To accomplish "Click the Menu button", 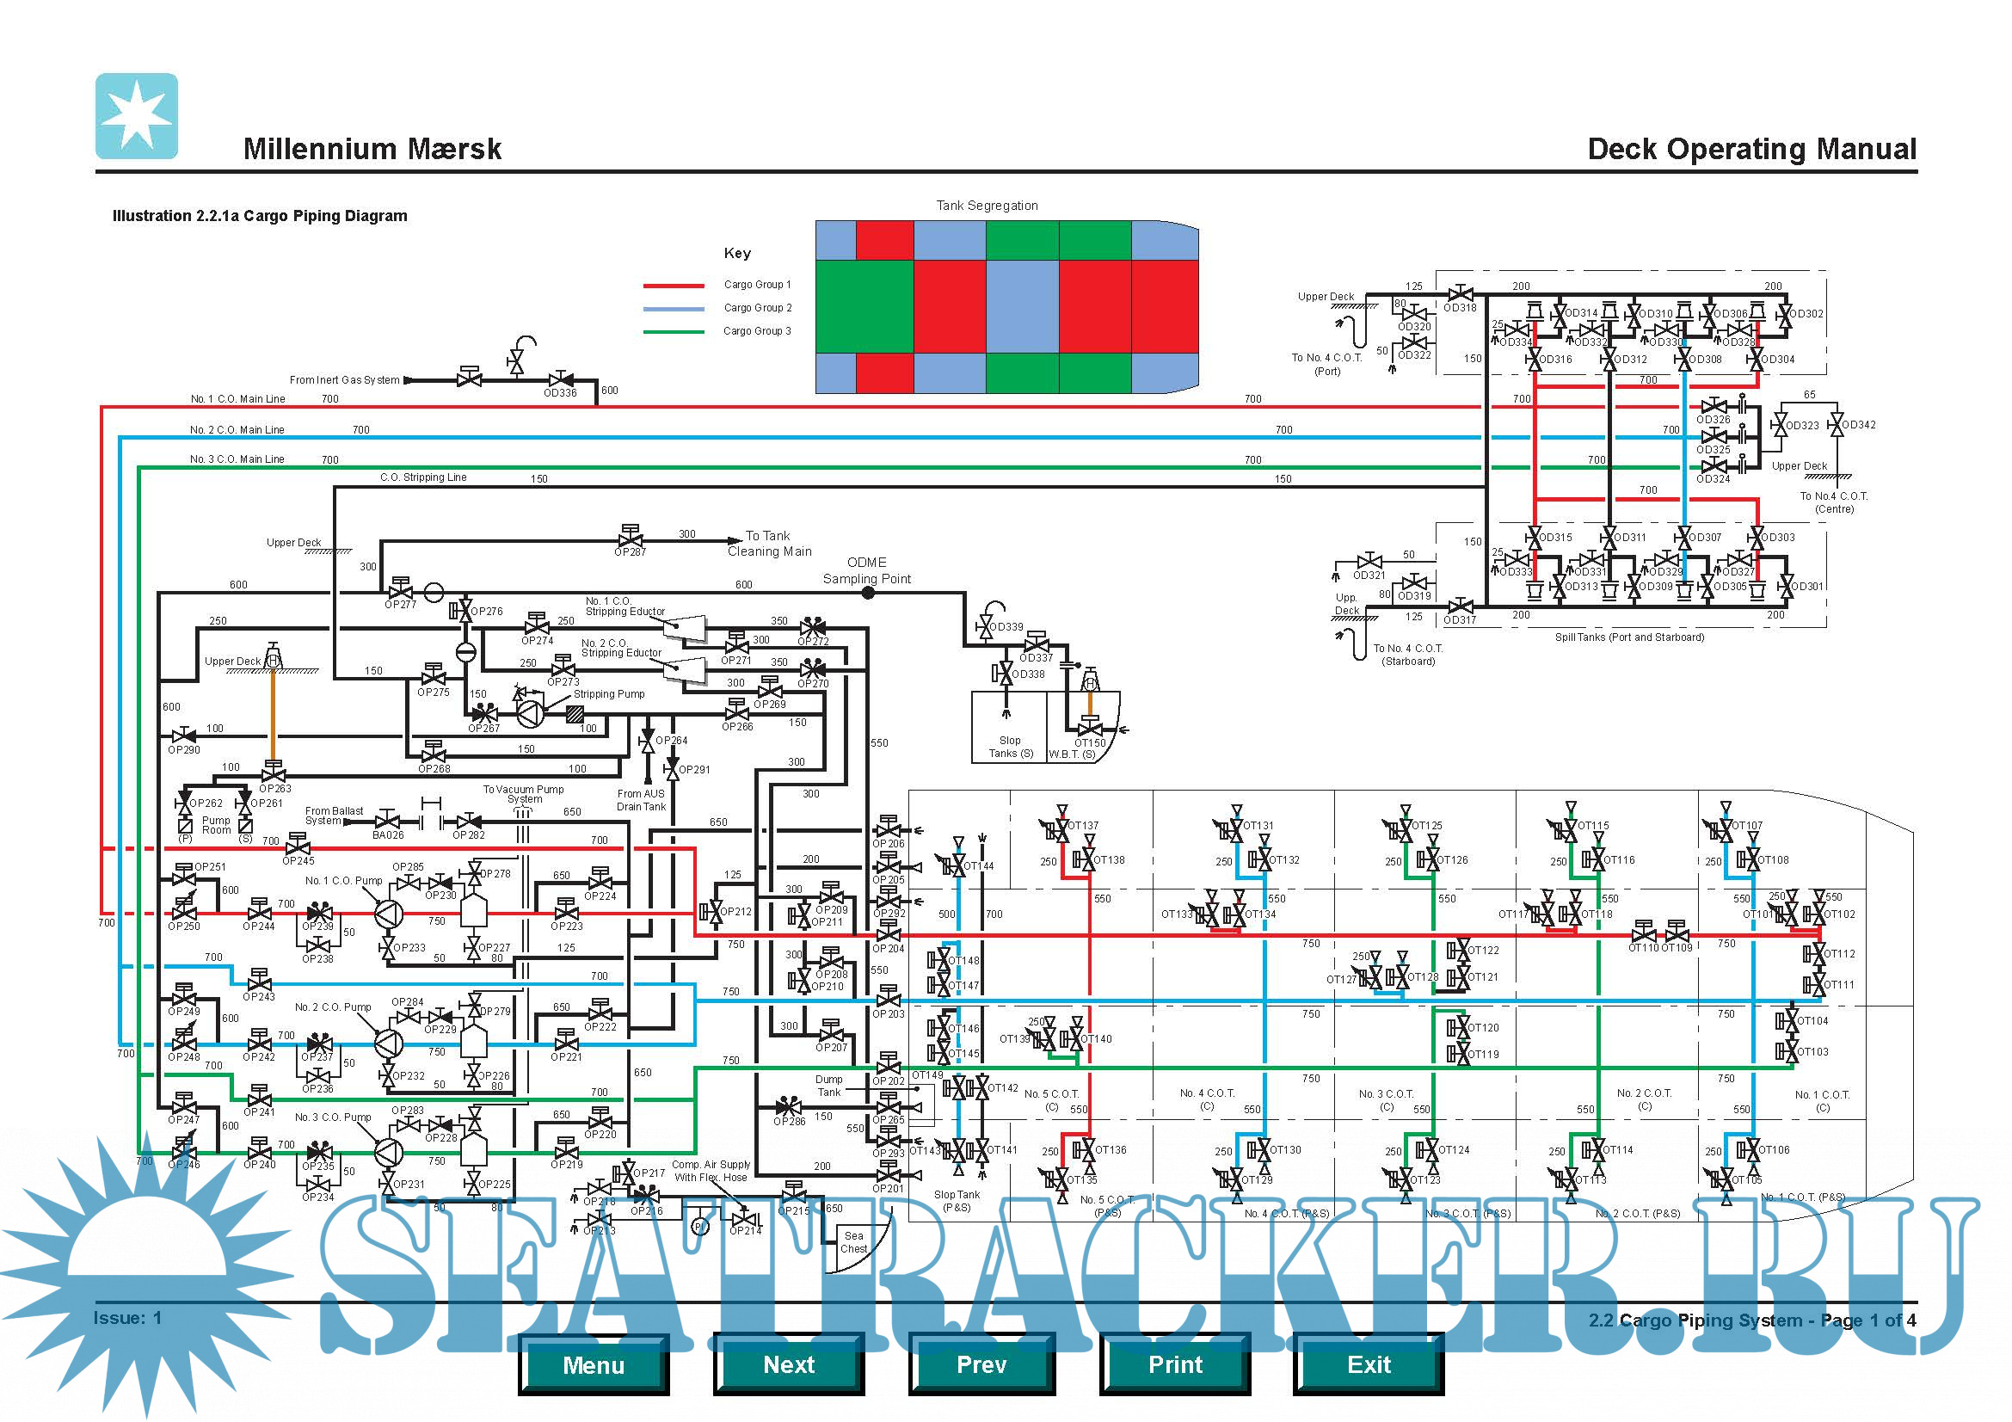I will (594, 1364).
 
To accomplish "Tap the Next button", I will (789, 1364).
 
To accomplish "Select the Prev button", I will (981, 1364).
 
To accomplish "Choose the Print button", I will (1175, 1364).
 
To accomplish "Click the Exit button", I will (1368, 1364).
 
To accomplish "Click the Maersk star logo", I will (137, 115).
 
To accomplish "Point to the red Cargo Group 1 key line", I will (673, 286).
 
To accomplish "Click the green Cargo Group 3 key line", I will (673, 332).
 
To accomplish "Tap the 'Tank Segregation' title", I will (987, 206).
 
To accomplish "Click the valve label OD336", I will (560, 393).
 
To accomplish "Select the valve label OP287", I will (630, 552).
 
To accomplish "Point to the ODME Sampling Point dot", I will (868, 594).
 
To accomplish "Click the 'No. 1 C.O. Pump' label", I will (343, 881).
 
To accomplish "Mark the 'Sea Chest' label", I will (853, 1242).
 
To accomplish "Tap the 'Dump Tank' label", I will (829, 1086).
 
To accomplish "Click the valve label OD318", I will (1460, 307).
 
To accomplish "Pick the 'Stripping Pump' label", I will (609, 694).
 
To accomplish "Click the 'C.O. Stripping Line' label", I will (423, 477).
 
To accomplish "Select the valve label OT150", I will (1090, 743).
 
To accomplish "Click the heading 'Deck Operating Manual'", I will (1751, 149).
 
